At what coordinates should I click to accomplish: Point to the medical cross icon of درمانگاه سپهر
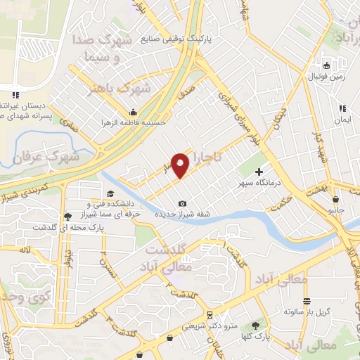click(259, 171)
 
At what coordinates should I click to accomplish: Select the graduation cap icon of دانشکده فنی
click(109, 194)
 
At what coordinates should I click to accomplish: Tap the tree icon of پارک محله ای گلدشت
click(67, 217)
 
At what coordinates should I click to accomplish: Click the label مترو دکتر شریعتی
click(205, 326)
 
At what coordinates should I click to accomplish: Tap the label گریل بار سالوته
click(307, 310)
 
